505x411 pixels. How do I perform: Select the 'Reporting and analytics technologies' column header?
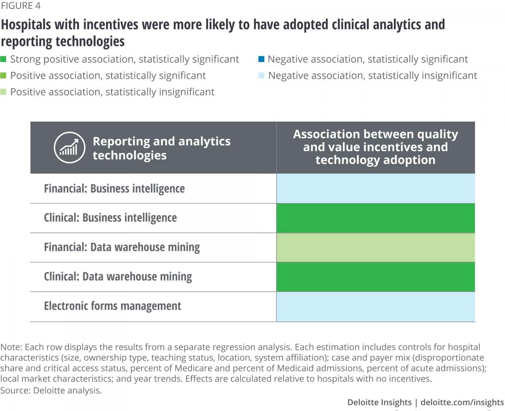(x=161, y=148)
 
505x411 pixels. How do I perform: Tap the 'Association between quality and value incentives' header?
(x=375, y=147)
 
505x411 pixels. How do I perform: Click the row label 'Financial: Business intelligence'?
(x=114, y=188)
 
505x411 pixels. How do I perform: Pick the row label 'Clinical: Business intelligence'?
(x=110, y=218)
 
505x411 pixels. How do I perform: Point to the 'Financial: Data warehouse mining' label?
(x=122, y=247)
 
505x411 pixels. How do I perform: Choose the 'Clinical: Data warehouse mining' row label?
(x=118, y=277)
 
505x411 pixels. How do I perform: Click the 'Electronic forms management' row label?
(x=112, y=306)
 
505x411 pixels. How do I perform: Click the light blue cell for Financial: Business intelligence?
(x=375, y=188)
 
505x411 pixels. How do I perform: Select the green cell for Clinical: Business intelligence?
(x=375, y=218)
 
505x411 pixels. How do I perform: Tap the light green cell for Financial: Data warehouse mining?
(x=375, y=247)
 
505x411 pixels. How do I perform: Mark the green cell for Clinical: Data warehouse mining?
(x=375, y=277)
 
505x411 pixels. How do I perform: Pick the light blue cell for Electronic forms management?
(x=375, y=306)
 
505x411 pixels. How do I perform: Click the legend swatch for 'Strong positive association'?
(x=3, y=59)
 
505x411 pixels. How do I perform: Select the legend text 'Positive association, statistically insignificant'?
(x=112, y=92)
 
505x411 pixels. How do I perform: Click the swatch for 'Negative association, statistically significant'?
(x=261, y=59)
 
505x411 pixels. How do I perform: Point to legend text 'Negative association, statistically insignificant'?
(x=372, y=76)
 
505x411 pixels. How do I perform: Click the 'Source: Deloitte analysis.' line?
(x=51, y=390)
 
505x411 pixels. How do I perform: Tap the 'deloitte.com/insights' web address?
(x=462, y=403)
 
